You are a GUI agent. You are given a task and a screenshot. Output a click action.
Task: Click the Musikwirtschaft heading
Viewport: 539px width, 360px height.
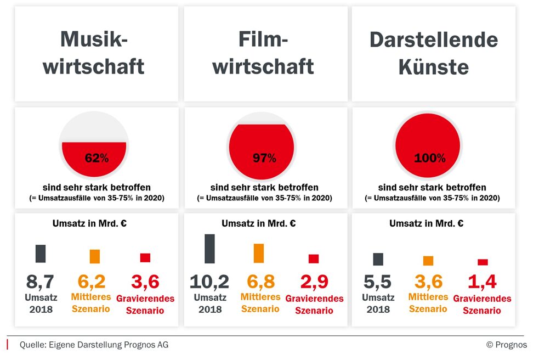point(94,53)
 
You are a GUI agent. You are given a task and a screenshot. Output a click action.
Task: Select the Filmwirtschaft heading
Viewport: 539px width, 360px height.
point(263,53)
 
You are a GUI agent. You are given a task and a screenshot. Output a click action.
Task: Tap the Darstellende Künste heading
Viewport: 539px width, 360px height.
point(433,53)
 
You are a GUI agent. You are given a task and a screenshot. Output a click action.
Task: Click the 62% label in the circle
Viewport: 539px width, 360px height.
point(97,158)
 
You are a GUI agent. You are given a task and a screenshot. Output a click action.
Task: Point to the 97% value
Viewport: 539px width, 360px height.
point(264,158)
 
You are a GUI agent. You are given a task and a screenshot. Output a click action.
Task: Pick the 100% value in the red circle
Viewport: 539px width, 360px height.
point(430,158)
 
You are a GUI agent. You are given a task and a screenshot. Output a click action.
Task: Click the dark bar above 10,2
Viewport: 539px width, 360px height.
point(209,249)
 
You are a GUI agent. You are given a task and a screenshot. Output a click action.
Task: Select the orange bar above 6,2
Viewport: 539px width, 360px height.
point(95,256)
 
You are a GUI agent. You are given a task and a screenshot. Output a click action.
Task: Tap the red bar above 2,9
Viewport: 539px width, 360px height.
point(314,258)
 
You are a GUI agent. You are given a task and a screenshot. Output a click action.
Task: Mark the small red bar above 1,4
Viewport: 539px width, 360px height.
point(483,262)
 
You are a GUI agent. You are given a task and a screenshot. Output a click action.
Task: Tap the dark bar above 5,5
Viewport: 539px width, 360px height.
point(378,259)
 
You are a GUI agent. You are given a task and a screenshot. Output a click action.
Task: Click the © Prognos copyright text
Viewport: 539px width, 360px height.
point(506,345)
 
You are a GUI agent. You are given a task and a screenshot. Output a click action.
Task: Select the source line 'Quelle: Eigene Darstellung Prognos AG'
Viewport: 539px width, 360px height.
point(94,345)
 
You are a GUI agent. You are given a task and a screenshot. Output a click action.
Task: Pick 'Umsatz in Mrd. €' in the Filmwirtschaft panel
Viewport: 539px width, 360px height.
point(259,223)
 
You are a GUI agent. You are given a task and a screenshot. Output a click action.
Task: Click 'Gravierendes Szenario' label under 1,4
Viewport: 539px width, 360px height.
point(482,305)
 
